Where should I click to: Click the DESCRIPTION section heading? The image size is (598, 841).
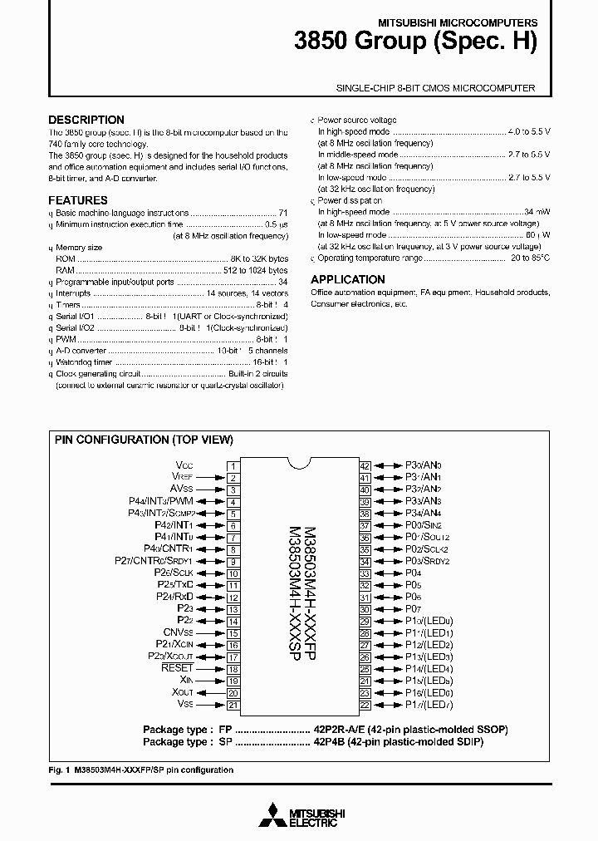tap(86, 120)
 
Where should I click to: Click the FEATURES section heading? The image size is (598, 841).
tap(78, 200)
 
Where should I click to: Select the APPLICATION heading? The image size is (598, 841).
tap(348, 280)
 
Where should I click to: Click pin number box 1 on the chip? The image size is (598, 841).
tap(233, 466)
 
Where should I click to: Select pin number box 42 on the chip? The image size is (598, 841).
tap(365, 466)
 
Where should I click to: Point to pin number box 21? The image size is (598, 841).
tap(233, 705)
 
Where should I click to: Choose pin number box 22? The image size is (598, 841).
tap(365, 705)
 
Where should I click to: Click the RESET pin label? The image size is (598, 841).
tap(177, 668)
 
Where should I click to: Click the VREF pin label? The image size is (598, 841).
tap(182, 478)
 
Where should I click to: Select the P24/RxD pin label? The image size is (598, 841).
tap(174, 597)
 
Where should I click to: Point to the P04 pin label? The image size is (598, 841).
tap(413, 573)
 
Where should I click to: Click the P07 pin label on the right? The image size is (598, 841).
tap(413, 609)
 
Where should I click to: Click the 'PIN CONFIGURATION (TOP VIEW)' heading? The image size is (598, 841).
tap(144, 440)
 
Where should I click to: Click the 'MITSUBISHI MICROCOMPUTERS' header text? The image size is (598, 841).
tap(469, 23)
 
